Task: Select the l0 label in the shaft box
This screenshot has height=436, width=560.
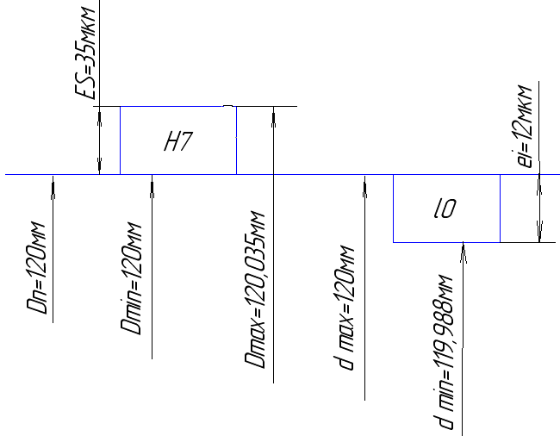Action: [445, 209]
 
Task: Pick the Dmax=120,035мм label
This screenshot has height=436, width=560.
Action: [258, 293]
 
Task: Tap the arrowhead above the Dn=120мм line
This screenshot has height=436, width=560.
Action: [53, 181]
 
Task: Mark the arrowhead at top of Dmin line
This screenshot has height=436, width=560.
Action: [152, 181]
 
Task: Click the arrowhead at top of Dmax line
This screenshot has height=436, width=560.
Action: [273, 113]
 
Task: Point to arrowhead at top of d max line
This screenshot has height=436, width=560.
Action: [365, 181]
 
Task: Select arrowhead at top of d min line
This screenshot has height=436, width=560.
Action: [464, 249]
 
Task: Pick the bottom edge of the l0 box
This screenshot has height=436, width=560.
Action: [446, 242]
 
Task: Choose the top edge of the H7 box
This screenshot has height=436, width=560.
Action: [177, 107]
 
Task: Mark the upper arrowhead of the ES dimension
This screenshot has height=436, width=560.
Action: [101, 113]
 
